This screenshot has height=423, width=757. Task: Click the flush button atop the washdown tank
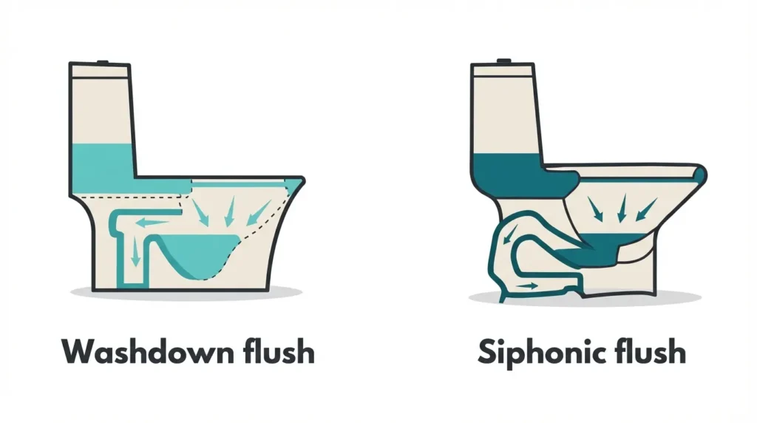pos(99,62)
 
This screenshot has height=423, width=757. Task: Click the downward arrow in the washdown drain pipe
pos(135,254)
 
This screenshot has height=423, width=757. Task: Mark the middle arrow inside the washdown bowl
pos(230,211)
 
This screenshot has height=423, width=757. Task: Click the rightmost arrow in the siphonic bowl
pos(646,208)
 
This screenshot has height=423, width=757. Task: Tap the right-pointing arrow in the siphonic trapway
pos(526,286)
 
